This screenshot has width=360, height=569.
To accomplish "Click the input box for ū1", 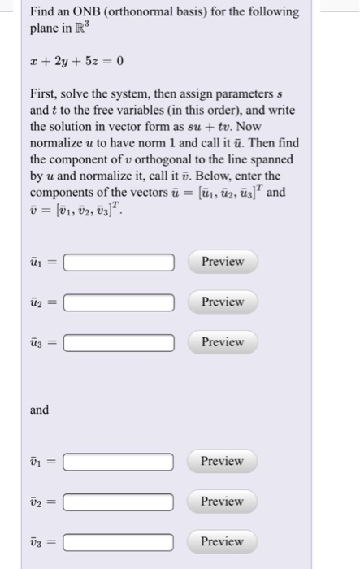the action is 119,263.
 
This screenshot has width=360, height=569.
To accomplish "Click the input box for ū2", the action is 119,302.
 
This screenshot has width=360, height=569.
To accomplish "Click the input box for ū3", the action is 119,343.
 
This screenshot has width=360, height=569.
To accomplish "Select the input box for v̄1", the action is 119,462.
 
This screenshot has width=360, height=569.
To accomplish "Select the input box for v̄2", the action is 119,502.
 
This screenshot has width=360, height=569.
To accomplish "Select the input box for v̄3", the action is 119,542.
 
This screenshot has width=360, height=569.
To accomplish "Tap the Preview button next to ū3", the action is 222,342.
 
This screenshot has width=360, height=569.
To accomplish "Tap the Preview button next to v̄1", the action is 222,461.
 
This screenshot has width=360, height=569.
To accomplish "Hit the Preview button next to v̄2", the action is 222,501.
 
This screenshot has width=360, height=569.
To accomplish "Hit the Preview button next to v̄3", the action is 222,541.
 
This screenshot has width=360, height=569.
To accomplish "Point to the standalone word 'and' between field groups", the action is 40,410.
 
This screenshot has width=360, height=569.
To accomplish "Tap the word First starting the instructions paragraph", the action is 45,94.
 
